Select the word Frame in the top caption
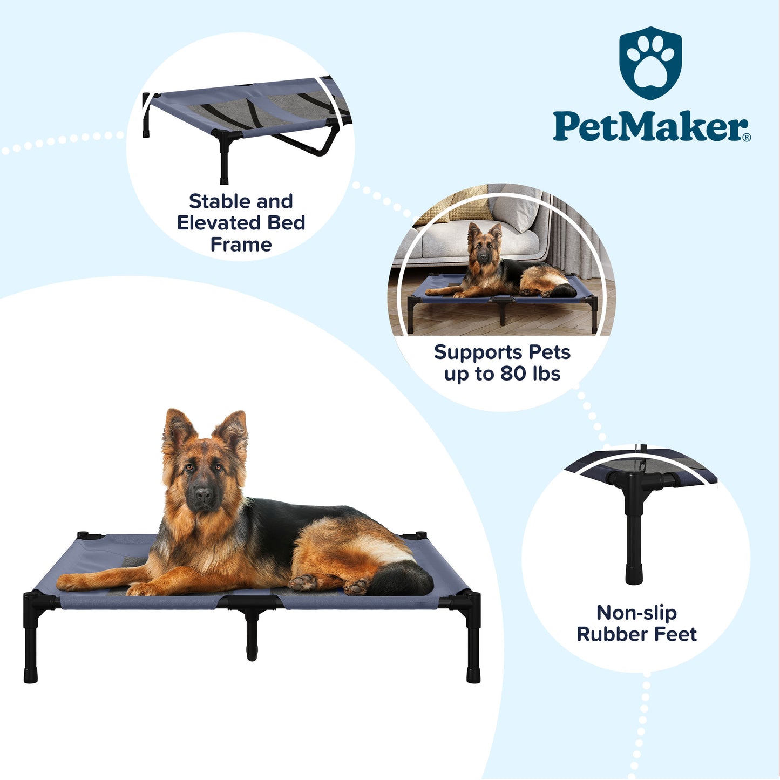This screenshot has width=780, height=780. pos(241,245)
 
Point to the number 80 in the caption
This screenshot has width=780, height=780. pos(513,373)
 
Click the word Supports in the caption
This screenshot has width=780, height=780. pos(474,353)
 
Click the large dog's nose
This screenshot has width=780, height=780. pos(203,494)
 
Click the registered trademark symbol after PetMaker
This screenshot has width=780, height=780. pos(747,137)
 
